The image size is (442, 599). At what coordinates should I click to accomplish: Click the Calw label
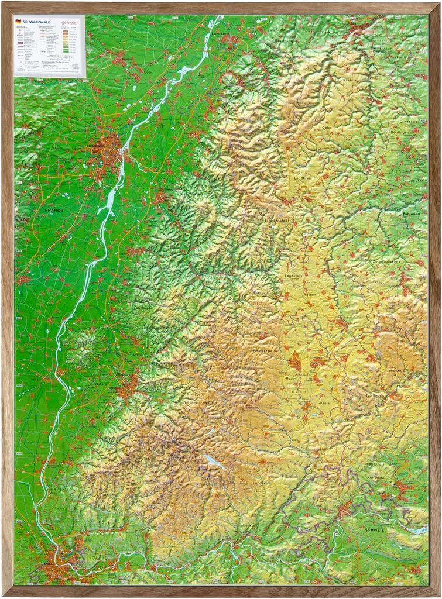point(327,127)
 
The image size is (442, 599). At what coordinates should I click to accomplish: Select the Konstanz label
point(375,478)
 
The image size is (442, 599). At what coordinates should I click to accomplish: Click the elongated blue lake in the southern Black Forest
point(211,459)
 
